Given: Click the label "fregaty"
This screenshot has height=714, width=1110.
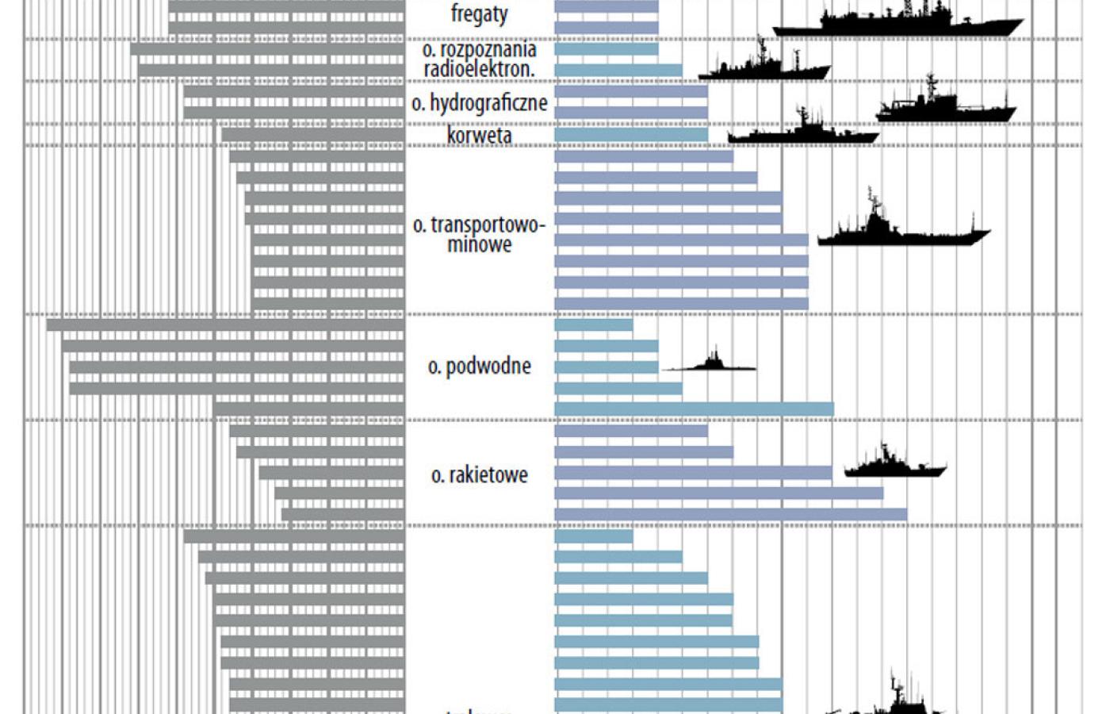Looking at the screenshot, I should pos(479,13).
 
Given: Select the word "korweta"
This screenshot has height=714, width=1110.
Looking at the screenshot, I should pos(479,136).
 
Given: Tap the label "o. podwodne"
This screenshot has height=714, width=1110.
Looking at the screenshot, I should pos(479,367).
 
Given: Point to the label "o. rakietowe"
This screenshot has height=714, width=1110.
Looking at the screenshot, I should pos(479,475).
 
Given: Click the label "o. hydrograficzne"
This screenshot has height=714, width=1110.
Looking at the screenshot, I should pos(479,103).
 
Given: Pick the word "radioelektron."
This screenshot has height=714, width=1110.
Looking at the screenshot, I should pos(479,70).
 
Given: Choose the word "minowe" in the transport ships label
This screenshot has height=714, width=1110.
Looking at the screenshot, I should pos(479,245).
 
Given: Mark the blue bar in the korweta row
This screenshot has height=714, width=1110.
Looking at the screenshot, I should pos(631,135).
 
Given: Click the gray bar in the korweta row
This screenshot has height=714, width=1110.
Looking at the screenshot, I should pos(313,135).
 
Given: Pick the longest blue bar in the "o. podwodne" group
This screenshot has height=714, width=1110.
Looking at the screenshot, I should pos(694,409).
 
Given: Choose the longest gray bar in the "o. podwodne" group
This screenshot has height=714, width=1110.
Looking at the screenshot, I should pos(226,324).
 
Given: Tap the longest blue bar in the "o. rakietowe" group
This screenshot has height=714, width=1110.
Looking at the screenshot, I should pos(730,514).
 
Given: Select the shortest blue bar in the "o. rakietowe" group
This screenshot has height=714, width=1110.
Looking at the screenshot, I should pos(631,431).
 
